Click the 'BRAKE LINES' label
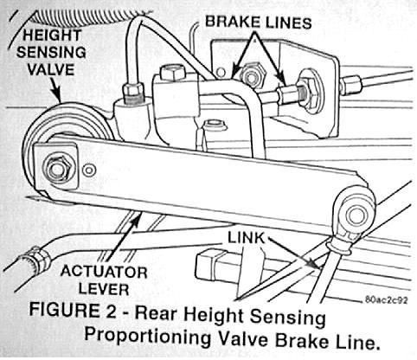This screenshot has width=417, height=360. [x=258, y=22]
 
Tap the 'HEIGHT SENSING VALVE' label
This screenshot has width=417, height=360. [x=51, y=53]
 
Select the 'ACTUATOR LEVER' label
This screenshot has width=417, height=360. [x=104, y=280]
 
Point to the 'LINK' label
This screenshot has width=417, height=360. [x=246, y=238]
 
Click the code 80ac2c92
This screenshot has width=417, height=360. [x=387, y=300]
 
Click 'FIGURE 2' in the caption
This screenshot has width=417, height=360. [x=73, y=310]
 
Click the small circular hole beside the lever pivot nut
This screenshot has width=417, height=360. [x=89, y=170]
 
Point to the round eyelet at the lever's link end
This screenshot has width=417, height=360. [x=356, y=215]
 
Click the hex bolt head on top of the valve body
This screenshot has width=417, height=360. [x=173, y=73]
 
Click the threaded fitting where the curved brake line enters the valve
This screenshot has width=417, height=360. [x=133, y=92]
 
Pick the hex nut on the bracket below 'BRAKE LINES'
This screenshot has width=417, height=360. [x=253, y=74]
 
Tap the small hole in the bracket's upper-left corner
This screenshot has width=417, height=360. [x=221, y=72]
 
